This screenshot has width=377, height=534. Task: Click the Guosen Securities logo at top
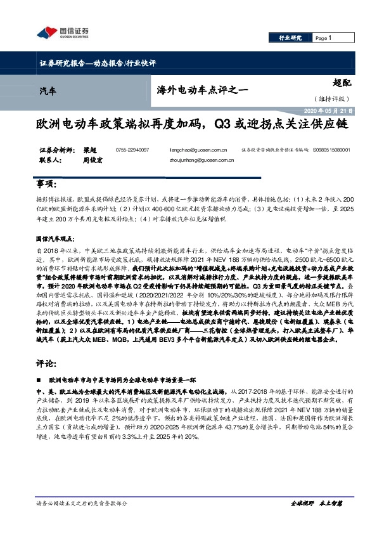pos(62,32)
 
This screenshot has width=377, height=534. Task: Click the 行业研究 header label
pos(291,38)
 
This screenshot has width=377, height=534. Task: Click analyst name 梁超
pos(90,150)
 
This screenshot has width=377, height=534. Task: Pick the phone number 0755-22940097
pos(132,150)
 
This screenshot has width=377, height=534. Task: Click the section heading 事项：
pos(46,185)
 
